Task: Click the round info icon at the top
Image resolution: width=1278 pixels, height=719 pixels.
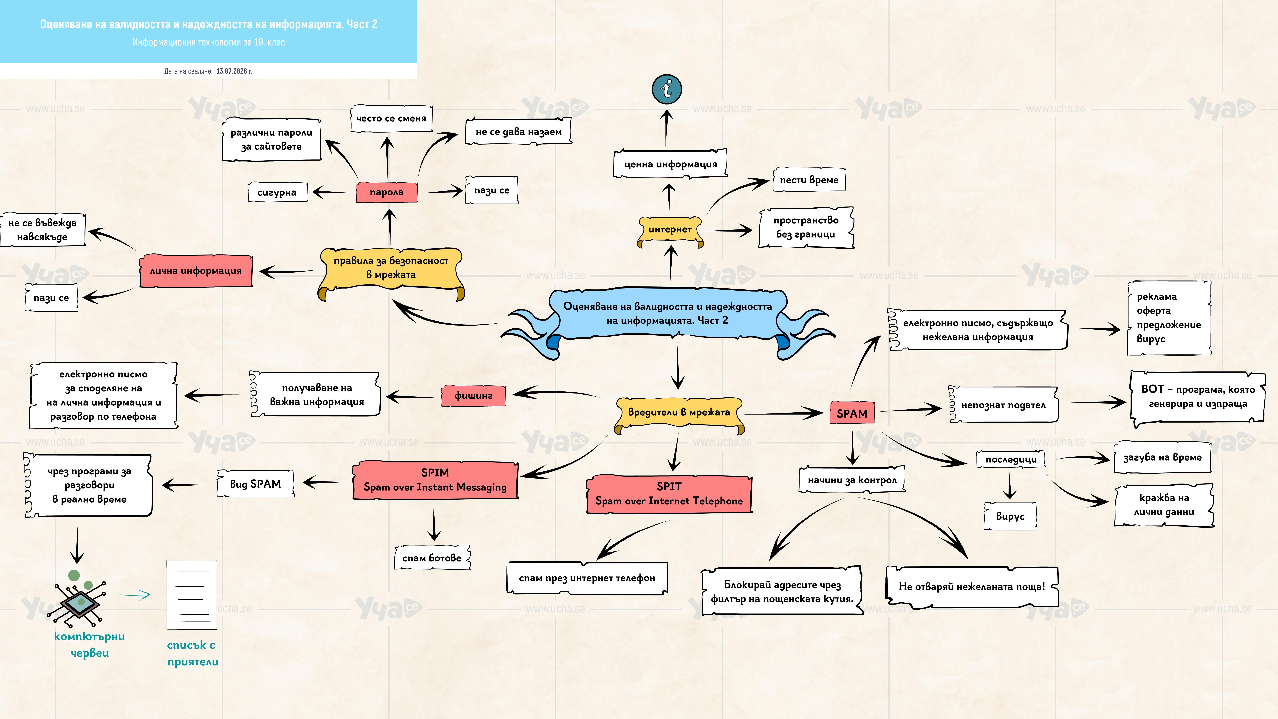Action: click(667, 89)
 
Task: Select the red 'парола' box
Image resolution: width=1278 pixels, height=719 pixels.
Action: click(387, 192)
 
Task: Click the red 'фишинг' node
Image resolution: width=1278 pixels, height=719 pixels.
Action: click(473, 396)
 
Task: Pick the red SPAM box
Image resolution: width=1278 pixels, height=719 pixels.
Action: click(852, 413)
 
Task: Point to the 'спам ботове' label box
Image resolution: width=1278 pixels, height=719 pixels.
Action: click(432, 558)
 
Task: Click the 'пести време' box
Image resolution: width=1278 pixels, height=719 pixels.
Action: click(809, 180)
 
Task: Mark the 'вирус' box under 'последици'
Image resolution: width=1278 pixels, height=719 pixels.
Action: click(1010, 516)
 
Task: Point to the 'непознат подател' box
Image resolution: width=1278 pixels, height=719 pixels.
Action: click(1003, 405)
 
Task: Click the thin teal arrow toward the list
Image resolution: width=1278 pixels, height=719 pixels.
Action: click(134, 594)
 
